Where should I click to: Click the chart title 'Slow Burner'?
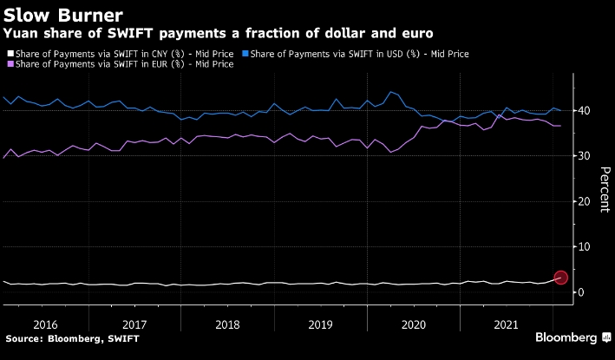(62, 16)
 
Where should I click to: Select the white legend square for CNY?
(8, 54)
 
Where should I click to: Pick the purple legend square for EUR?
(8, 64)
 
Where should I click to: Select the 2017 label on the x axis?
(136, 323)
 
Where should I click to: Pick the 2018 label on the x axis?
(227, 323)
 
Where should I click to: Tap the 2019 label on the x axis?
(320, 323)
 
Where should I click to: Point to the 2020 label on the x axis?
(412, 323)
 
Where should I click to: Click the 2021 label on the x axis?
(504, 323)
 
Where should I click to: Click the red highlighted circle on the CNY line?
(560, 278)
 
